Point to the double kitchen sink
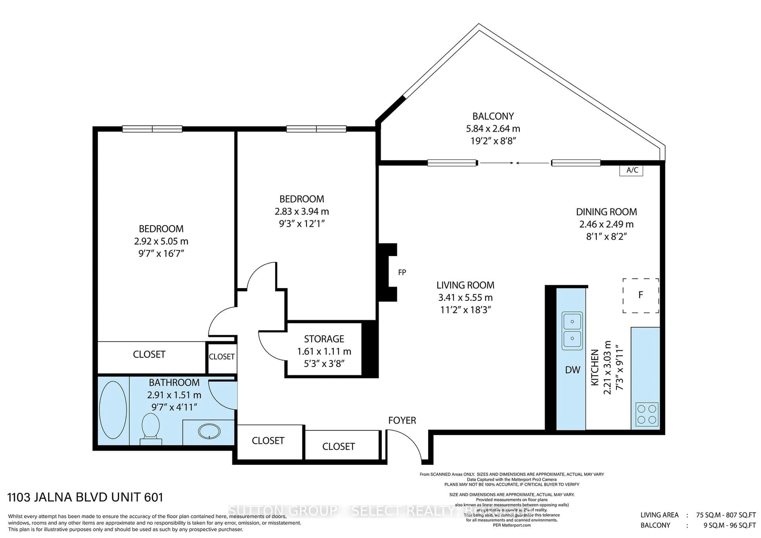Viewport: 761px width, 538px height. click(x=572, y=331)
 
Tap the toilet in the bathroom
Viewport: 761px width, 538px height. click(x=151, y=428)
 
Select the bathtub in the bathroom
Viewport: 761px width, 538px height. click(x=113, y=410)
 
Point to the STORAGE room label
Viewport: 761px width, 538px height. click(x=324, y=339)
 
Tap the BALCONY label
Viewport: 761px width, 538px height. click(x=493, y=116)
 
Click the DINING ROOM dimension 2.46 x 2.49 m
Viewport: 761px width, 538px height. click(x=606, y=224)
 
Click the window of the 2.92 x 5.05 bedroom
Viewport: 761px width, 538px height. click(x=152, y=129)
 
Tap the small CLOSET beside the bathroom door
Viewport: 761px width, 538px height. click(x=221, y=357)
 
